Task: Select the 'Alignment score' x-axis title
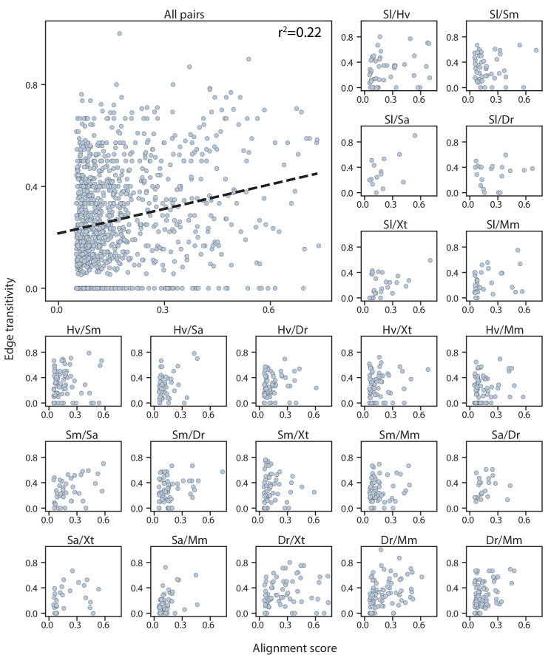(x=295, y=648)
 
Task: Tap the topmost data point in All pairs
(x=119, y=34)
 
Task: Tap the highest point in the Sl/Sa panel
(x=415, y=135)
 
